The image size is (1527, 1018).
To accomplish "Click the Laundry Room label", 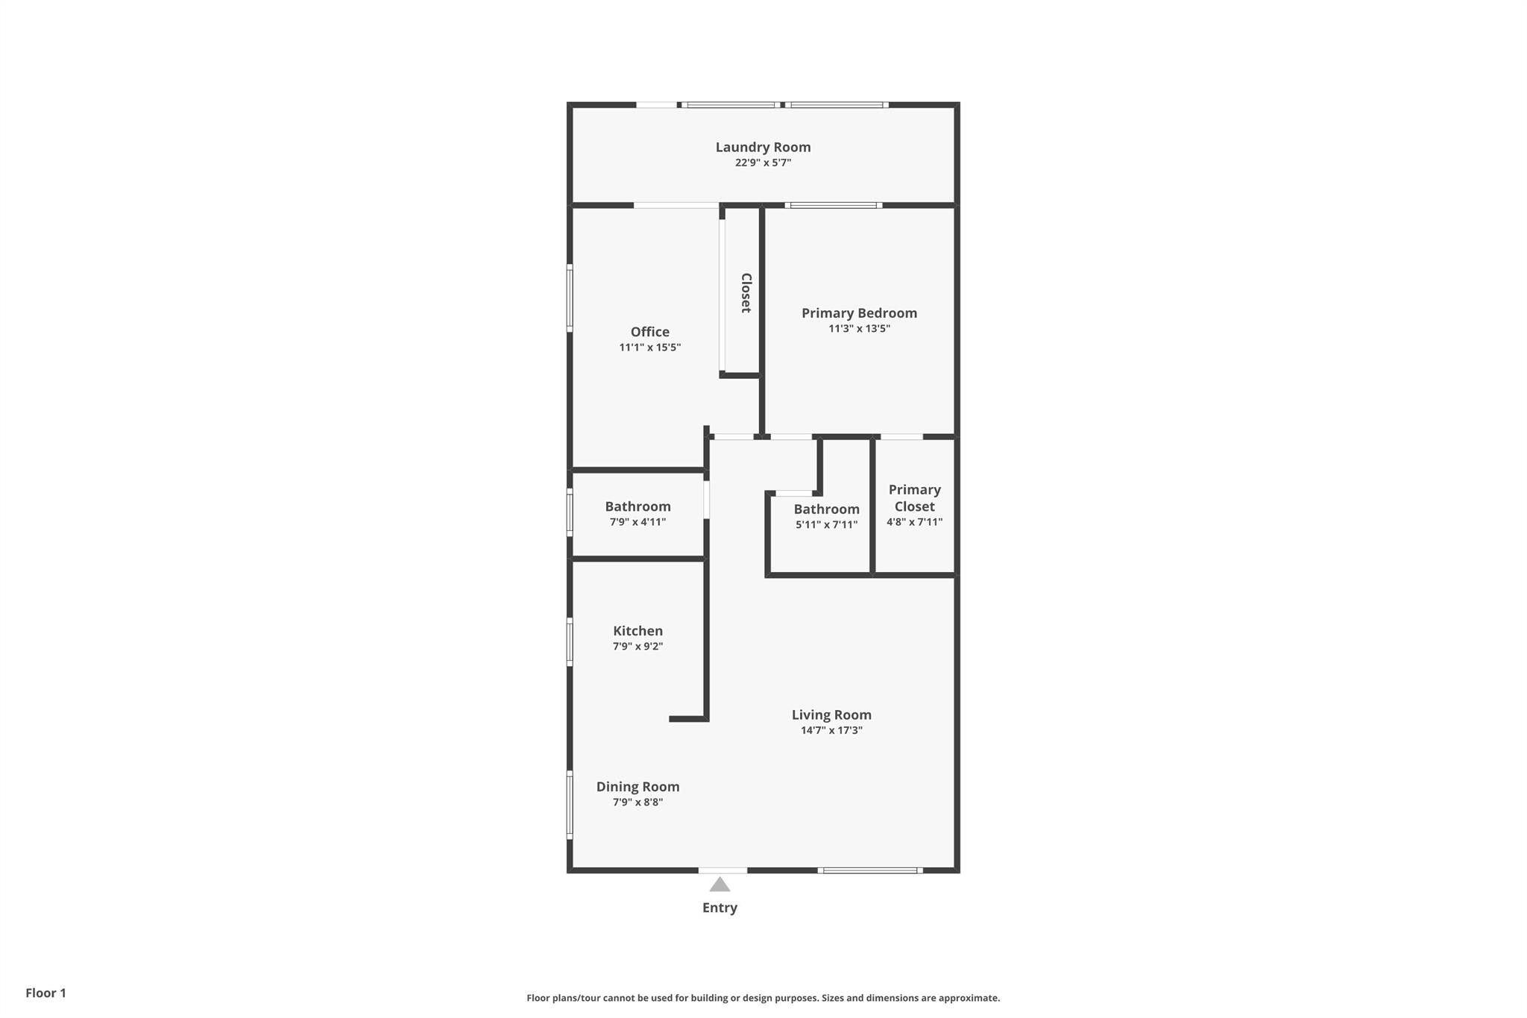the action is click(x=763, y=147).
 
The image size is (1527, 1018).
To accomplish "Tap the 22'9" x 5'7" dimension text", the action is click(x=763, y=163).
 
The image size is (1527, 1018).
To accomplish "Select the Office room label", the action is click(x=650, y=332).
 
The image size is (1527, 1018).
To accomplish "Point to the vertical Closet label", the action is click(x=746, y=292).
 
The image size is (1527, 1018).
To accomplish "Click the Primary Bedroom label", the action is click(x=859, y=313).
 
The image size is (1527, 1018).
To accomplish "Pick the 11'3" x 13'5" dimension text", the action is click(x=859, y=329).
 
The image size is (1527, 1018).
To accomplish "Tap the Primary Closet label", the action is click(x=915, y=498).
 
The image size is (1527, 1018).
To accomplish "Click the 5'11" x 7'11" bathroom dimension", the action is click(x=826, y=525).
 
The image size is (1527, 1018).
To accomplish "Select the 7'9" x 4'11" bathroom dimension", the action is click(x=637, y=522).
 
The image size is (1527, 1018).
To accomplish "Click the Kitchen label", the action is click(x=637, y=631).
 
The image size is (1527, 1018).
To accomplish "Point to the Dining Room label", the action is click(x=637, y=787).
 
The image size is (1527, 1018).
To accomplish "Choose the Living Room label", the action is click(x=831, y=715).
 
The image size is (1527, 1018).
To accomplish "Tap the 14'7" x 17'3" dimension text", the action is click(x=831, y=731).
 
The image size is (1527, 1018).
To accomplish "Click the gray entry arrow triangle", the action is click(x=720, y=885).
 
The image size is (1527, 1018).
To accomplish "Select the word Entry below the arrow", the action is click(x=720, y=908).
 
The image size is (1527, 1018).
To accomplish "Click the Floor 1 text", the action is click(x=45, y=993).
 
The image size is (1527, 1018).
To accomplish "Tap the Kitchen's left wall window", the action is click(x=570, y=642).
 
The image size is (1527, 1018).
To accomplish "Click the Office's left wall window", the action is click(x=570, y=298).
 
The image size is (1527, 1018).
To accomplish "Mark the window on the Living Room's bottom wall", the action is click(x=870, y=870).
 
